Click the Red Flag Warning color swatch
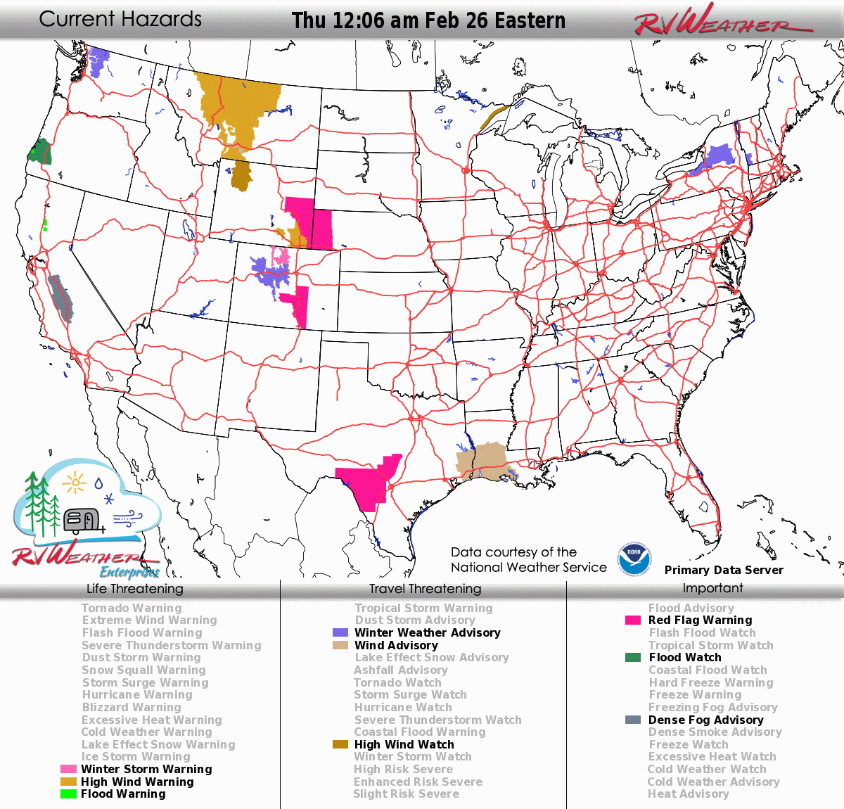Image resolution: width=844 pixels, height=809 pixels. [633, 620]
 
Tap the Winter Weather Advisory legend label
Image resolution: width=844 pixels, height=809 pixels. [427, 633]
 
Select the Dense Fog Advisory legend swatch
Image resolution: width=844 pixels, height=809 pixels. [633, 720]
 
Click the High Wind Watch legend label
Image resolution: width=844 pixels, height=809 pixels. [404, 744]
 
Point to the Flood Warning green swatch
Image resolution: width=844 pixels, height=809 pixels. [68, 794]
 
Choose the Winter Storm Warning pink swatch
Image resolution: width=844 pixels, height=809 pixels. [68, 770]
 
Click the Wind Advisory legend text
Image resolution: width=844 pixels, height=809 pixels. [396, 645]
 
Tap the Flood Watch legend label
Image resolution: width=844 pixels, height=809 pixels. [684, 658]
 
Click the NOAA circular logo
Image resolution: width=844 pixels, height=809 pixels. [634, 559]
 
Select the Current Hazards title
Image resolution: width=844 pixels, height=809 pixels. [120, 19]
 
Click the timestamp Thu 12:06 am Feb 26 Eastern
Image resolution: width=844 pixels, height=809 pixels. [428, 20]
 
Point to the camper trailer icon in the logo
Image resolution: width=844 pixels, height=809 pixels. [82, 520]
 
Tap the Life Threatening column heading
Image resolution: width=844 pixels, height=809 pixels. [134, 589]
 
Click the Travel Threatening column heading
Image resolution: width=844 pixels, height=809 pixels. [425, 589]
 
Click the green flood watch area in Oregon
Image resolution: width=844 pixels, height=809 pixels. [40, 151]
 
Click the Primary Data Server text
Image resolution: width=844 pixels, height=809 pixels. [724, 570]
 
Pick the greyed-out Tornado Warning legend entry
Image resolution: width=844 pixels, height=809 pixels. [132, 608]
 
